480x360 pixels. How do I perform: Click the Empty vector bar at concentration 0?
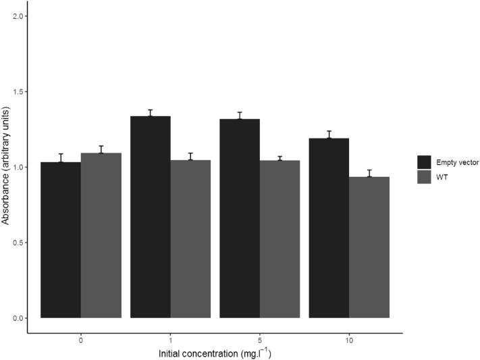[x=61, y=240]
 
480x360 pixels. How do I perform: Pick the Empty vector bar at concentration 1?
[x=151, y=217]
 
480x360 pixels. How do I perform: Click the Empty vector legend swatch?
[x=425, y=161]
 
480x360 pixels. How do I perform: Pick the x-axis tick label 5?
[x=260, y=340]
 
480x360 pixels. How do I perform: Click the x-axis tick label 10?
[x=349, y=340]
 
